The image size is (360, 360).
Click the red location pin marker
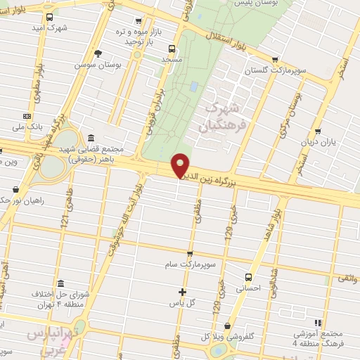tap(181, 166)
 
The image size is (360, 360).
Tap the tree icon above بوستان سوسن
tap(98, 53)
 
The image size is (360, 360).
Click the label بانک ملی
tap(28, 127)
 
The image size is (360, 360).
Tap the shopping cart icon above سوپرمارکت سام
tap(190, 253)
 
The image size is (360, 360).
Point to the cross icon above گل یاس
tap(182, 292)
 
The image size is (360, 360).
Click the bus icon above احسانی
tap(247, 277)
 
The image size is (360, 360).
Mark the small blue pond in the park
tap(193, 87)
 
